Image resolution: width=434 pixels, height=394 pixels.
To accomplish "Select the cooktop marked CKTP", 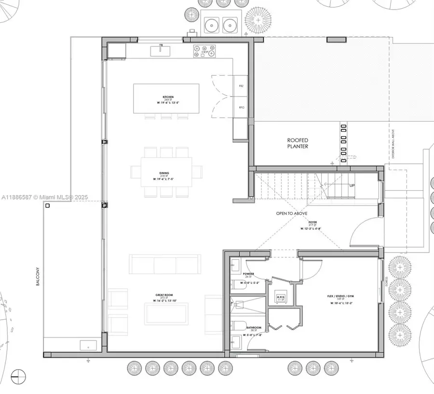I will point(204,50).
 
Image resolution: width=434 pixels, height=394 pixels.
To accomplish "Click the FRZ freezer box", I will point(241,85).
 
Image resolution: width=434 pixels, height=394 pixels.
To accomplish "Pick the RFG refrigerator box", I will point(241,107).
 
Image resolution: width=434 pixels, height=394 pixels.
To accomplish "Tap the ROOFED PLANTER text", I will point(298,143).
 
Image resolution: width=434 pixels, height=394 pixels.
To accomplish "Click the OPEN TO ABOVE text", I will point(291,213).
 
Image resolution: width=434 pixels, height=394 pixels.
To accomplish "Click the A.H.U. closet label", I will point(281,297).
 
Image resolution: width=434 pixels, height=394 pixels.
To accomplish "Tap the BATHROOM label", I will point(254,327).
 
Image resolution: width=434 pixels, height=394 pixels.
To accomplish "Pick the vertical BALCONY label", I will point(37,277).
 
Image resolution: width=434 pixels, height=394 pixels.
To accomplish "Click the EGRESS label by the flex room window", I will point(386,281).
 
